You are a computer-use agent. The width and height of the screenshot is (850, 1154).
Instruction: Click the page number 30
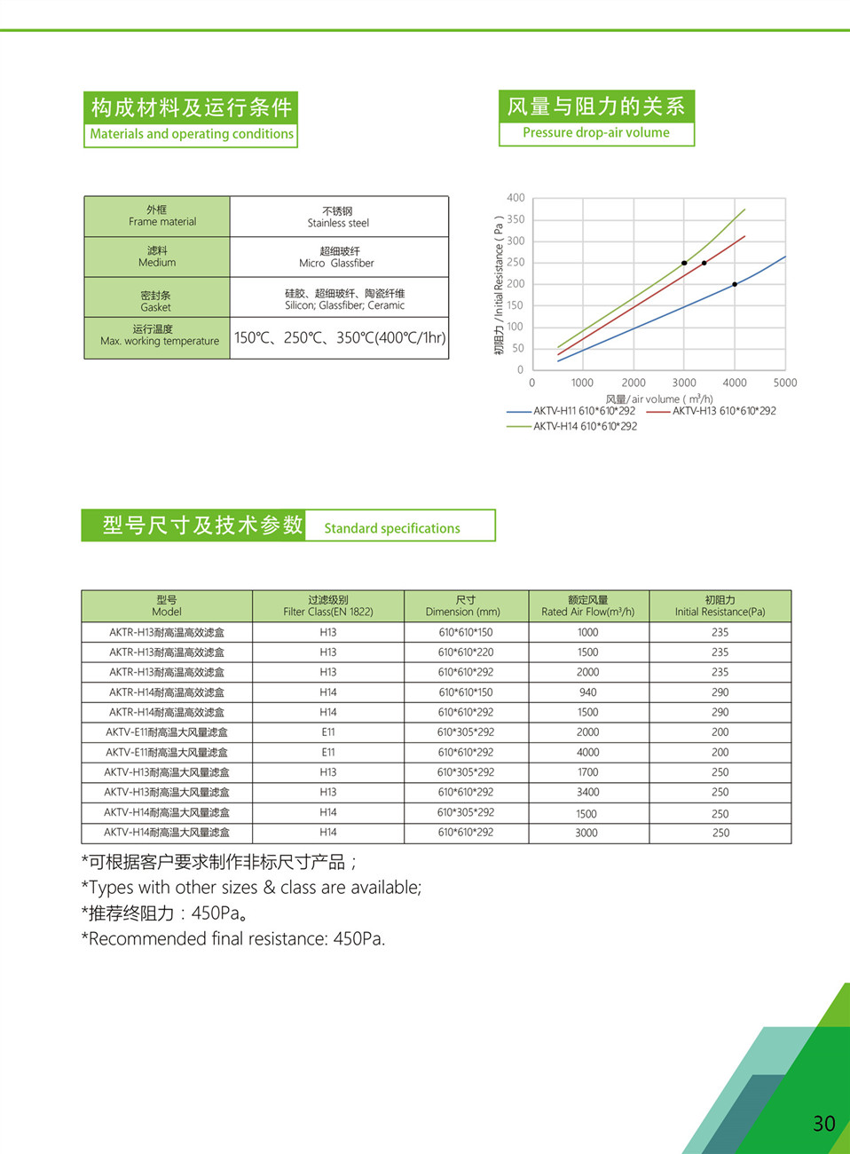point(823,1123)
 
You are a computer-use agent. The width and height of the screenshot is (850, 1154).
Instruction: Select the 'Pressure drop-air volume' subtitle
point(596,132)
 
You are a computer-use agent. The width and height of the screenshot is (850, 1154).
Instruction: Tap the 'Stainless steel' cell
point(338,217)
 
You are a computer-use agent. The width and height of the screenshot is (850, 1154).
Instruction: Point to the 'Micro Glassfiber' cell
point(336,257)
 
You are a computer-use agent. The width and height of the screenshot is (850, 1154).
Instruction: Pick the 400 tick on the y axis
point(516,198)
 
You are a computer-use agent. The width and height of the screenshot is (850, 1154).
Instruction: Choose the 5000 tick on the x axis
point(784,383)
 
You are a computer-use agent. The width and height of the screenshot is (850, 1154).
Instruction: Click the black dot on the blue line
point(735,284)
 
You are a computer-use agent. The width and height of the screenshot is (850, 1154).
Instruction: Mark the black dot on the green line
point(684,263)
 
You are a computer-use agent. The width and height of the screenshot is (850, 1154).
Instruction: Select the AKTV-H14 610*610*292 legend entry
point(585,426)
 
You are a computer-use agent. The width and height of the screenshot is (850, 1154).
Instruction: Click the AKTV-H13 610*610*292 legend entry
point(723,411)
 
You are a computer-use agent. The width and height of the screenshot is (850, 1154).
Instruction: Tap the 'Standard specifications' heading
point(391,528)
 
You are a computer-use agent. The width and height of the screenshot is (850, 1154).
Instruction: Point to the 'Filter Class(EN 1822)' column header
point(328,606)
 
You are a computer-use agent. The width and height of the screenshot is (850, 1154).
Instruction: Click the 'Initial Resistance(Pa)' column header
point(720,606)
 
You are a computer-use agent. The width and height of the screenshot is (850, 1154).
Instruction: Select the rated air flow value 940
point(587,692)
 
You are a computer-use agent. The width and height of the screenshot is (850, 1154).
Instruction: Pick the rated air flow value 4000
point(587,752)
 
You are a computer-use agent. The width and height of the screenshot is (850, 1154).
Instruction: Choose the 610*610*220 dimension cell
point(466,652)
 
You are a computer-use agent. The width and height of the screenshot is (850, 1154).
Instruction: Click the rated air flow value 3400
point(587,792)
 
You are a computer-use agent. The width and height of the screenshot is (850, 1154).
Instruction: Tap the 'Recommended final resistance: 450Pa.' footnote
point(233,939)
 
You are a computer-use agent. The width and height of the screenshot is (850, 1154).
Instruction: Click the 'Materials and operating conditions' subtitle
point(192,134)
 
